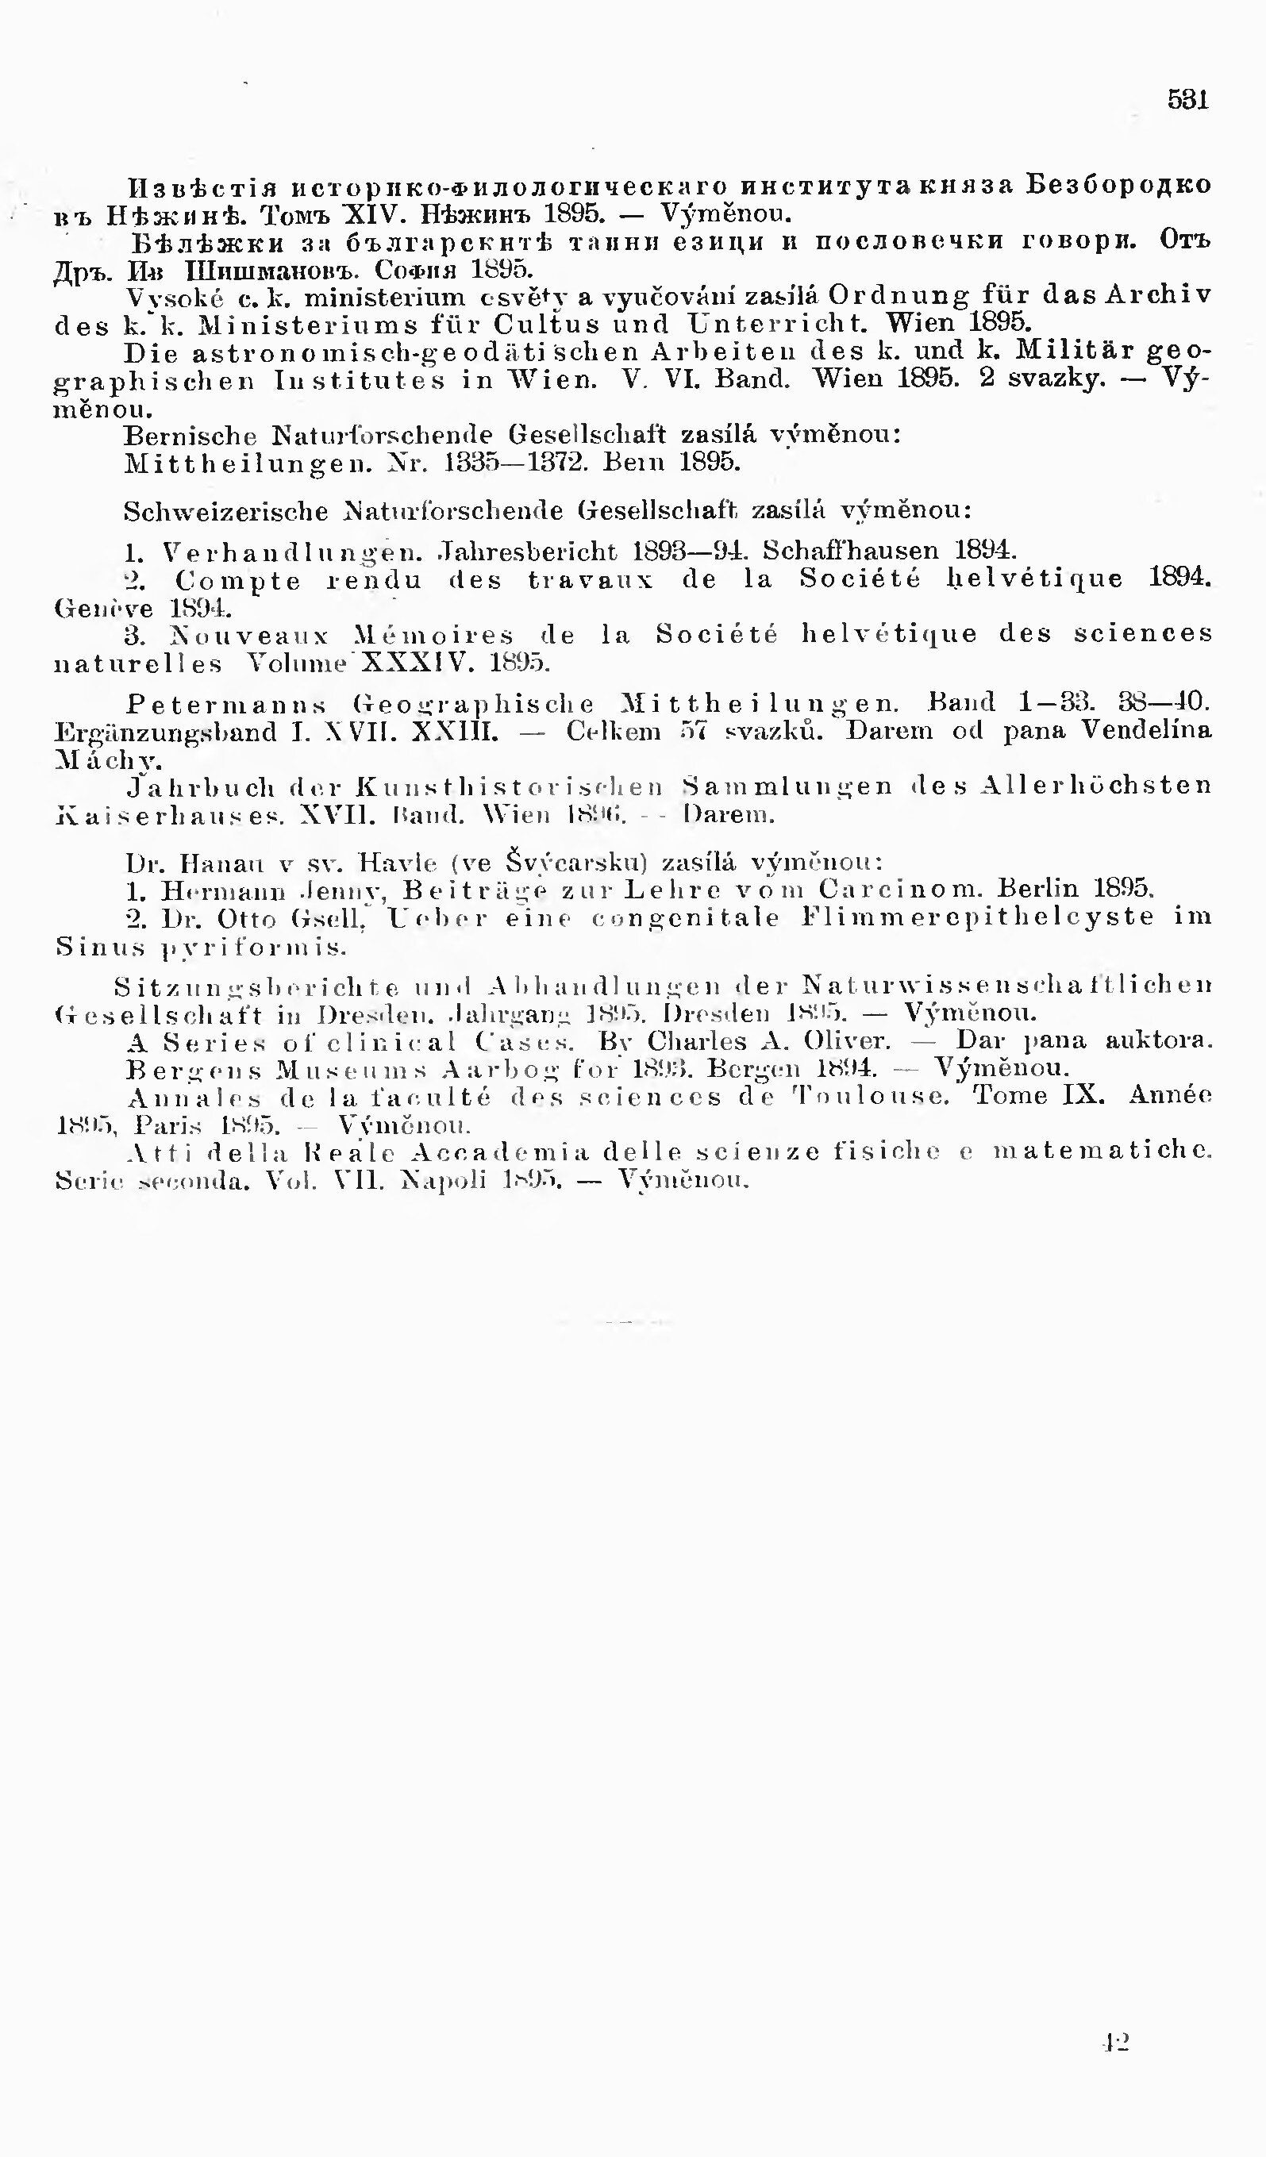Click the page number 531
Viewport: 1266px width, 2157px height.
click(x=1188, y=100)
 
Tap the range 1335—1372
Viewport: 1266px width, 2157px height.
click(x=513, y=463)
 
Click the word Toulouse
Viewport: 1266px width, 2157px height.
click(x=871, y=1096)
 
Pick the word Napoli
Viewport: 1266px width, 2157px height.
click(x=445, y=1180)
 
